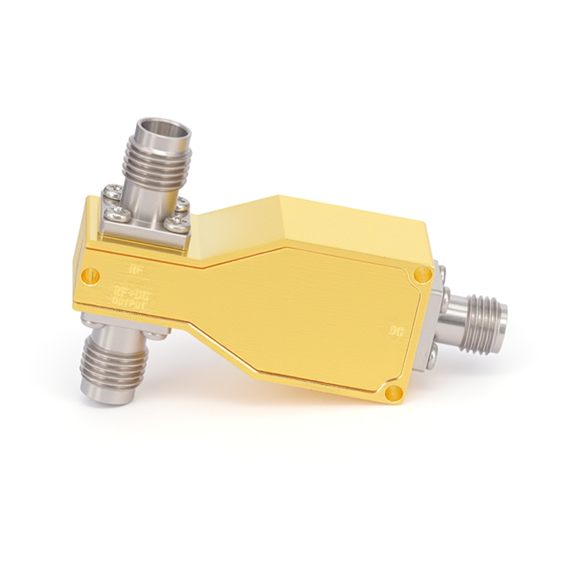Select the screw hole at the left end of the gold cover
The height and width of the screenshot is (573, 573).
90,273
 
